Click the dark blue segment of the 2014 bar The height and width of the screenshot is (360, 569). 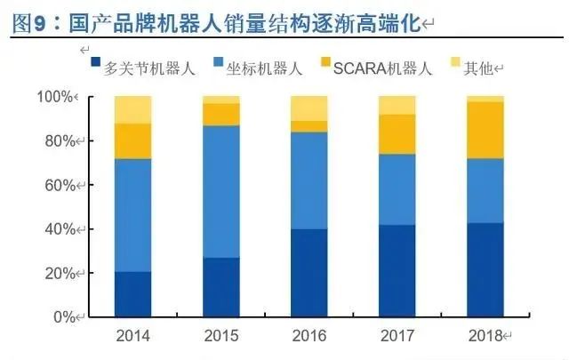pyautogui.click(x=132, y=294)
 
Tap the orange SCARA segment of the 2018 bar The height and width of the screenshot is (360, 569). pyautogui.click(x=485, y=130)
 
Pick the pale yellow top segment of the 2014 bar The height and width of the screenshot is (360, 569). pyautogui.click(x=132, y=109)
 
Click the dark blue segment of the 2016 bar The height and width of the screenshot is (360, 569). pyautogui.click(x=309, y=273)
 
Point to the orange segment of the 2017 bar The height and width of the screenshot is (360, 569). pyautogui.click(x=397, y=134)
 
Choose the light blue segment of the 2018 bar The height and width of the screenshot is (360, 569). pyautogui.click(x=485, y=191)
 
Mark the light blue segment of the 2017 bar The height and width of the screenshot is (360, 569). pyautogui.click(x=397, y=189)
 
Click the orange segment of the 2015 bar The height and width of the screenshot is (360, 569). pyautogui.click(x=221, y=115)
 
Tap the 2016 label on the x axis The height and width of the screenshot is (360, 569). pyautogui.click(x=309, y=335)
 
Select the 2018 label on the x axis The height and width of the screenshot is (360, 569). pyautogui.click(x=485, y=335)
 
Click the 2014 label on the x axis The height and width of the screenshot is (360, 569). pyautogui.click(x=132, y=335)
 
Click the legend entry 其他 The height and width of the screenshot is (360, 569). pyautogui.click(x=477, y=67)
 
